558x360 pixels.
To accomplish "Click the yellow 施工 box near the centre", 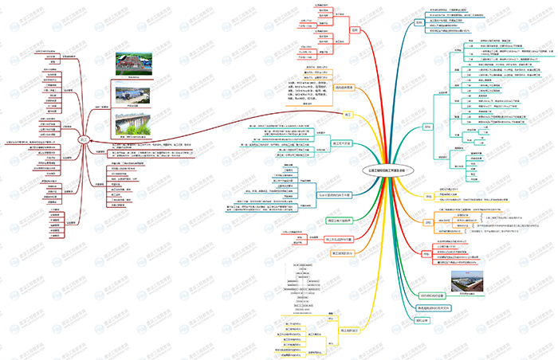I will pos(348,115).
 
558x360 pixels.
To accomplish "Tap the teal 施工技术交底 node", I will pos(342,143).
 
